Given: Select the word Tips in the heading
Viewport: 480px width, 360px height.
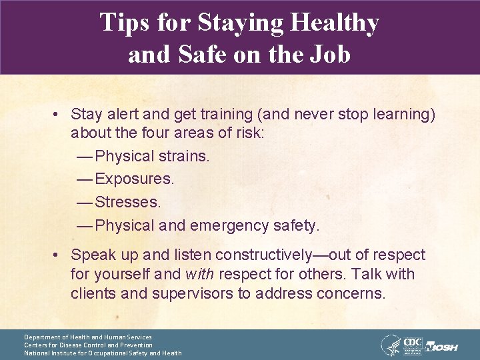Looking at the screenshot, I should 123,23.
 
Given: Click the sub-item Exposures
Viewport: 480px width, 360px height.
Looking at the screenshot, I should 135,179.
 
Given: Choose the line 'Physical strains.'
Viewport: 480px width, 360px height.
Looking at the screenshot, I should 153,157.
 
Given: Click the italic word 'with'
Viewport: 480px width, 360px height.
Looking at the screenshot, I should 200,275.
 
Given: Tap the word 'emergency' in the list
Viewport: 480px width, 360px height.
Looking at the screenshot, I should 229,226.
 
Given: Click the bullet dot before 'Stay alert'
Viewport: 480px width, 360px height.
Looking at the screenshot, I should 59,115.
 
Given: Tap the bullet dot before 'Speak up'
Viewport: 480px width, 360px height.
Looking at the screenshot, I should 59,255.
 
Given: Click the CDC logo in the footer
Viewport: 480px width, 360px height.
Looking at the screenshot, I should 413,344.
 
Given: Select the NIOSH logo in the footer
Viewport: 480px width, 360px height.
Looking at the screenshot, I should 443,347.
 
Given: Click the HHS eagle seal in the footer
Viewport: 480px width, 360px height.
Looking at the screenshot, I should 391,345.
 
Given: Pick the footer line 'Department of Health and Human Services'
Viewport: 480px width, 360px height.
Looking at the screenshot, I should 88,337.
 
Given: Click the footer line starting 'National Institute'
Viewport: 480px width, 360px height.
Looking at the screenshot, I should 103,353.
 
